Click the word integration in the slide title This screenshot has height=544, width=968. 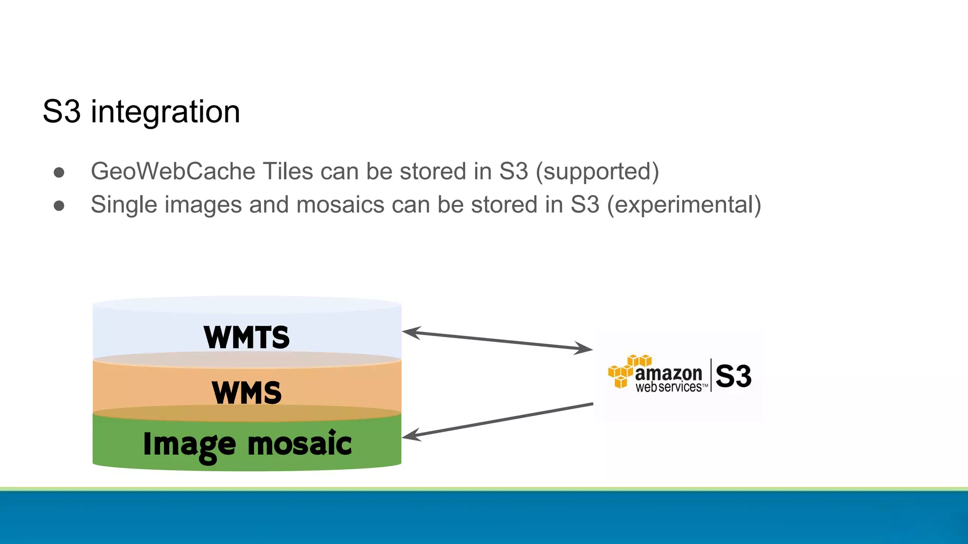point(165,112)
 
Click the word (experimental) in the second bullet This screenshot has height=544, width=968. point(684,205)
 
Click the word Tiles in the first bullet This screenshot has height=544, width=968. point(287,171)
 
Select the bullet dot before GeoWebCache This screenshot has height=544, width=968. point(59,172)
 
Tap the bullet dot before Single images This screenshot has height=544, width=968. point(59,206)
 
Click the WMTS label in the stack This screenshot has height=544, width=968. point(246,337)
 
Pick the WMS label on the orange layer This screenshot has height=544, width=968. point(246,392)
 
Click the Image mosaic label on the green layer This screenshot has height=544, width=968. point(247,444)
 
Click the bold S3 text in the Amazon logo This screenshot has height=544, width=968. point(733,376)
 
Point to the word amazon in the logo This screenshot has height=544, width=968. point(668,373)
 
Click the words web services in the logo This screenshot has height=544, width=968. point(668,387)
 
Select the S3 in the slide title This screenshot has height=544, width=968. point(61,112)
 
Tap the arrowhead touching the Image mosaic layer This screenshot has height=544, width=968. point(410,435)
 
